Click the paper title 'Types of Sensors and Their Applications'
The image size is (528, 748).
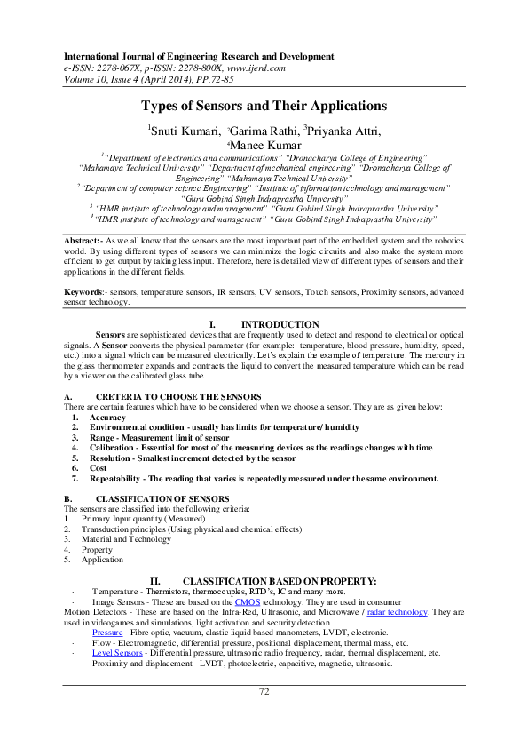(x=264, y=106)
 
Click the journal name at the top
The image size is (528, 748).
(x=183, y=56)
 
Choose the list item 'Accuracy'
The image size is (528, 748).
(x=107, y=417)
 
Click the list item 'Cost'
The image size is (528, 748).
(x=98, y=467)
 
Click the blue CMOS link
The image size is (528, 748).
(x=247, y=601)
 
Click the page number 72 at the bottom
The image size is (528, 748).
(x=264, y=691)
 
